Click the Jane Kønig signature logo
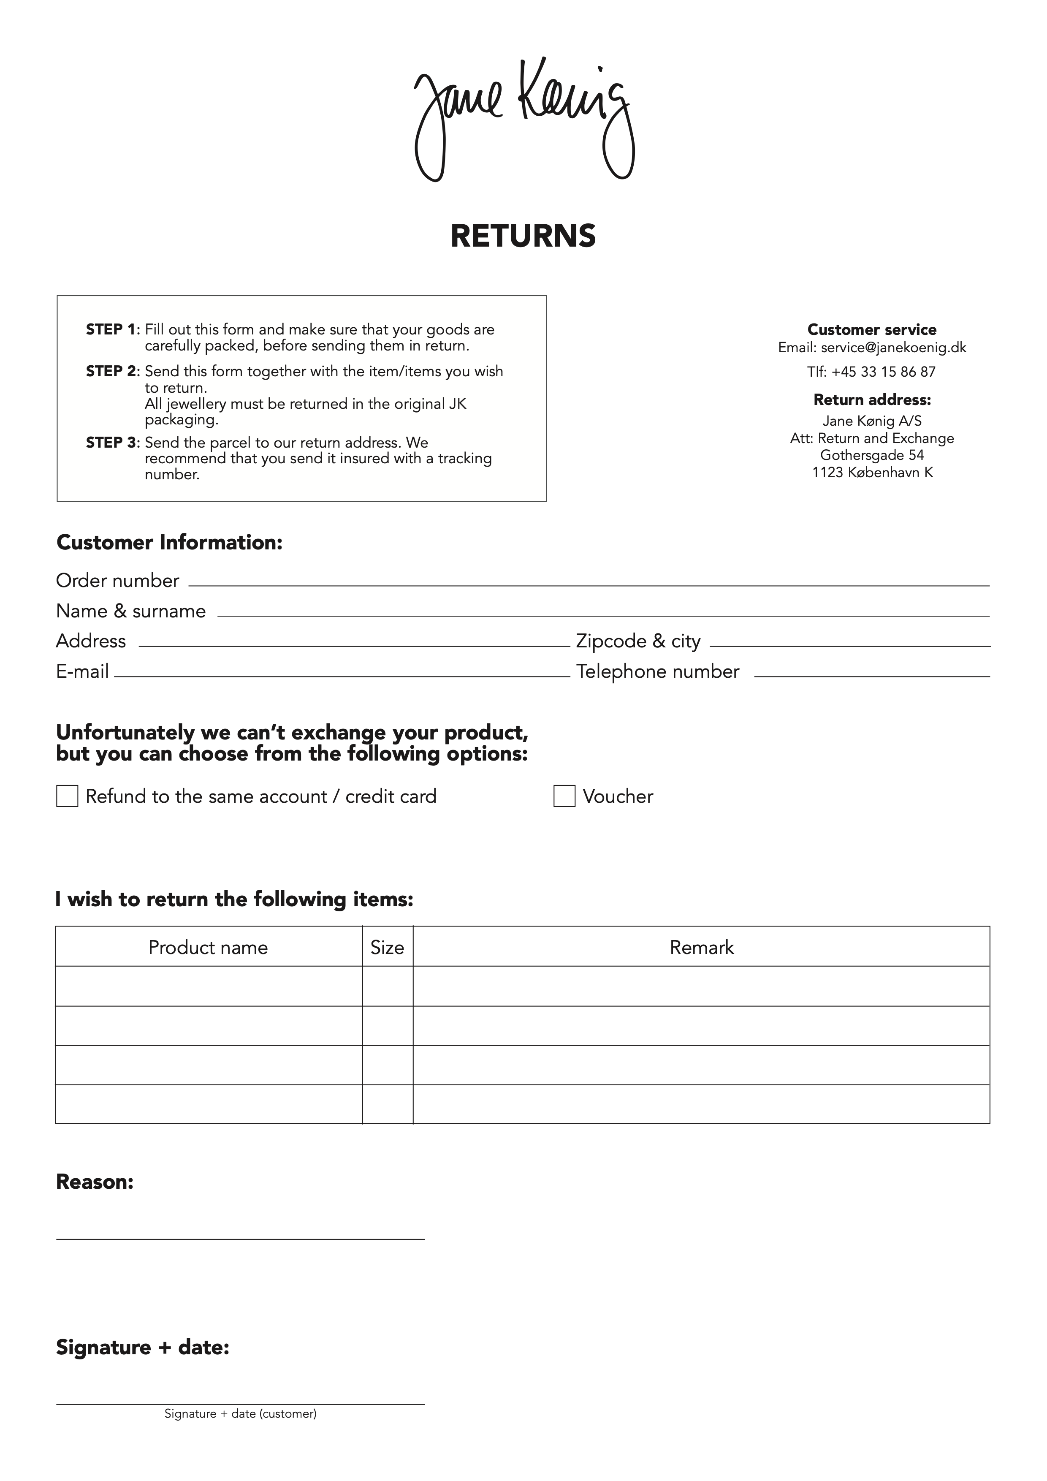click(523, 120)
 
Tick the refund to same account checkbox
click(67, 796)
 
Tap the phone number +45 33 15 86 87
click(883, 372)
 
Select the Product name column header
click(208, 948)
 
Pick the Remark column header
click(701, 948)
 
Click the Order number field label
click(117, 581)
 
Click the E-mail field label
click(82, 671)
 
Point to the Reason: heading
click(95, 1182)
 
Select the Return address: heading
click(872, 400)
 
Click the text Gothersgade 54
click(872, 455)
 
